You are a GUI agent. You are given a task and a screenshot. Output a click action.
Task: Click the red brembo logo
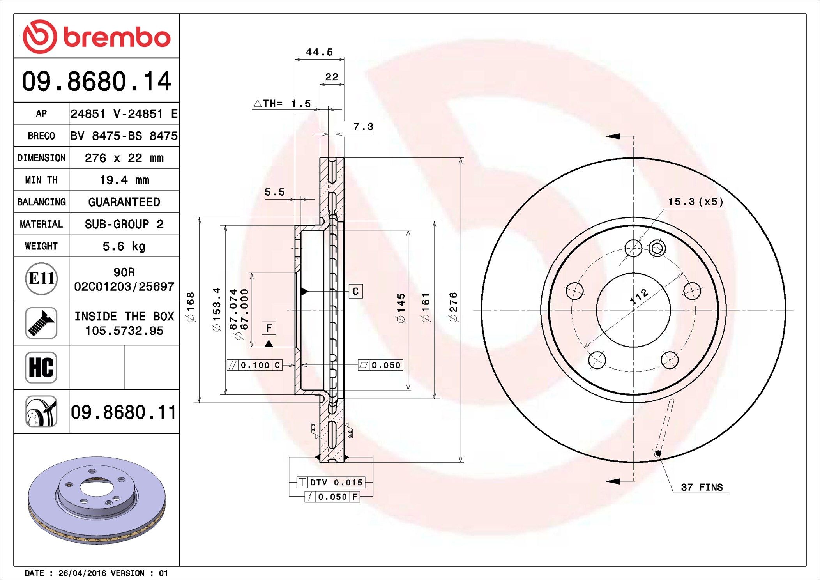[96, 37]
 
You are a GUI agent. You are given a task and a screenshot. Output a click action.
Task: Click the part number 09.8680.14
[96, 81]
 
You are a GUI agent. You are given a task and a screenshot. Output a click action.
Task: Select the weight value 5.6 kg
[124, 246]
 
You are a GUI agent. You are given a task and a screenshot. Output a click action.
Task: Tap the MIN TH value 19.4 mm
[124, 180]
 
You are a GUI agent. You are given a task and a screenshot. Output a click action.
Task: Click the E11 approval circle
[41, 279]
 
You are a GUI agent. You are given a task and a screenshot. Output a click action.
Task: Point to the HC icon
[41, 368]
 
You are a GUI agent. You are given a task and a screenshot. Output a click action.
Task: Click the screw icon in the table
[41, 323]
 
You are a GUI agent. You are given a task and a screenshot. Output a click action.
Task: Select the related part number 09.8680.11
[124, 412]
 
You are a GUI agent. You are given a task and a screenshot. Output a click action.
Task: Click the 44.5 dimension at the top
[319, 52]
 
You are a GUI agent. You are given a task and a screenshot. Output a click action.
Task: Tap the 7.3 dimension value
[363, 127]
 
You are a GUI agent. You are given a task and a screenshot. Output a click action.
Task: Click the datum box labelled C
[355, 291]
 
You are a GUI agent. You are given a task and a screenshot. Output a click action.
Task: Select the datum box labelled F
[269, 328]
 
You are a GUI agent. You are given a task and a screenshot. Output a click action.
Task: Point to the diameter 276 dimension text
[453, 307]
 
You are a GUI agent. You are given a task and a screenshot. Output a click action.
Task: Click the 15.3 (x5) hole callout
[696, 202]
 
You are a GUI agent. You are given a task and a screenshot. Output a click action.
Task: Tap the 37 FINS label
[702, 487]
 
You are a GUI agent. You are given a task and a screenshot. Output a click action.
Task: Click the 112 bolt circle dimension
[639, 297]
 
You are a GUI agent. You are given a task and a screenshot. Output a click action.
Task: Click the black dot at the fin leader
[658, 453]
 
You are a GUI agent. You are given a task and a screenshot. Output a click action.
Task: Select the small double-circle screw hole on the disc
[657, 248]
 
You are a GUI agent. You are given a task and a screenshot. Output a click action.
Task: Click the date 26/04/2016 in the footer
[82, 573]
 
